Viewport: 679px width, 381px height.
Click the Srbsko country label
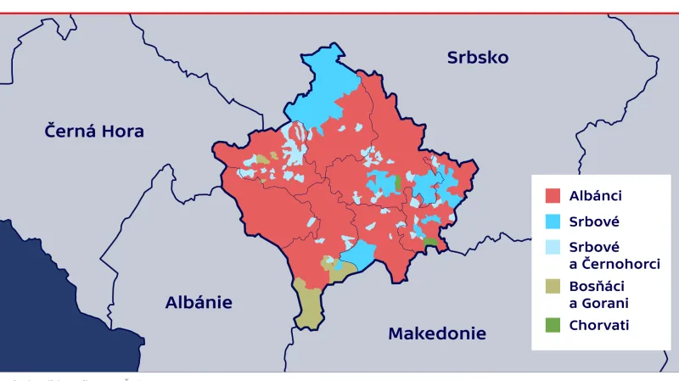[x=477, y=58]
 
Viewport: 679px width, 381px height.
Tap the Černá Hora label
[x=94, y=132]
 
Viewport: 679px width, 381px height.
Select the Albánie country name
[x=199, y=302]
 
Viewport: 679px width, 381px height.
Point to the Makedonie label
[x=436, y=333]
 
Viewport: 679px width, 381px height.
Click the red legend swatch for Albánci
[x=553, y=196]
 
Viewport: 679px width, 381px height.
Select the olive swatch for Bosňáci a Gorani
[x=553, y=287]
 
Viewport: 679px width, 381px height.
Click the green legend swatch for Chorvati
[x=553, y=325]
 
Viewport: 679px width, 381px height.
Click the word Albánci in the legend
[x=596, y=196]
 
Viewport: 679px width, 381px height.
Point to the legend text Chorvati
[x=599, y=325]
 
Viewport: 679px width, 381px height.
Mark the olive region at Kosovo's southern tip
[x=310, y=305]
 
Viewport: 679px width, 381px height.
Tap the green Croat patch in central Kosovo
[x=398, y=182]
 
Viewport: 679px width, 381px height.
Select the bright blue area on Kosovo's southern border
[x=361, y=254]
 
